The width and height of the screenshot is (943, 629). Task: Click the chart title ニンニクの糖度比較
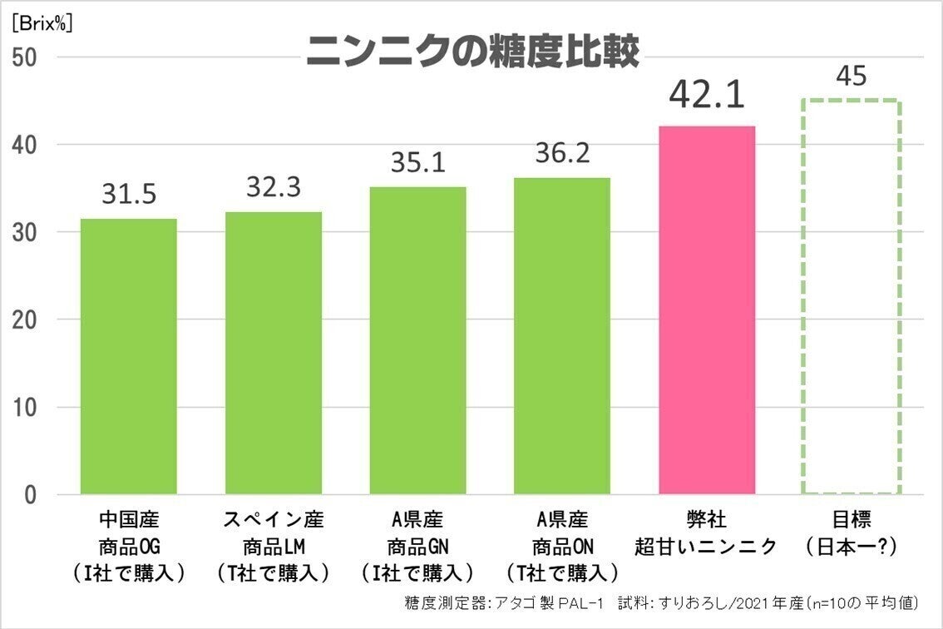point(471,52)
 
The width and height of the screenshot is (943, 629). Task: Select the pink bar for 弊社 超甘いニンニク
point(707,310)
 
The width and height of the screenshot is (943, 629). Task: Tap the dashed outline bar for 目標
point(851,297)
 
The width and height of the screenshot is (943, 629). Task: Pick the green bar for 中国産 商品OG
point(128,356)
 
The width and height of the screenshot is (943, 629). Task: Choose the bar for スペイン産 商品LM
point(274,353)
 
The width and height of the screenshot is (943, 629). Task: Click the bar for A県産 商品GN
point(417,340)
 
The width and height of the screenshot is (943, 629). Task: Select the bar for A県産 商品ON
point(562,335)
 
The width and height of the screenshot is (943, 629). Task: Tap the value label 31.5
point(128,195)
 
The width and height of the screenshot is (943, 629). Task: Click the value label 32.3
point(274,186)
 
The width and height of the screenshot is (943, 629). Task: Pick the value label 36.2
point(562,153)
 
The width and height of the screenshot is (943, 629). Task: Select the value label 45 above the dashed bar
point(851,76)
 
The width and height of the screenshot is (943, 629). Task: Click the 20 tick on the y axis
point(25,320)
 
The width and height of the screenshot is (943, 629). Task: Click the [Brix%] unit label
point(42,23)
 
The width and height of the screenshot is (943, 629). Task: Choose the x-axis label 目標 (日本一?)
point(851,533)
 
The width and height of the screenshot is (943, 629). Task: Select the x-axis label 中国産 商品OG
point(128,546)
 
